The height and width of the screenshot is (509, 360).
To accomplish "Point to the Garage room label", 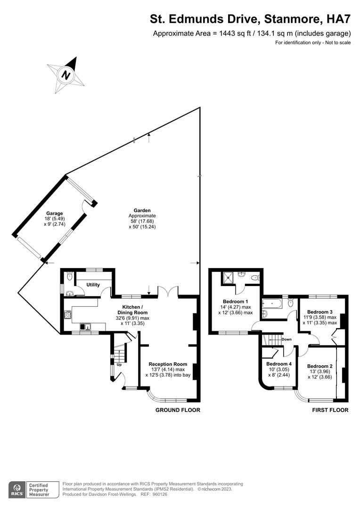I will point(54,213).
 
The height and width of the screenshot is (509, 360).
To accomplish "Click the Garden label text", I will point(142,210).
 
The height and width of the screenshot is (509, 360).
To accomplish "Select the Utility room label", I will point(93,285).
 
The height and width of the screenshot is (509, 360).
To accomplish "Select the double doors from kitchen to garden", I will point(168,292).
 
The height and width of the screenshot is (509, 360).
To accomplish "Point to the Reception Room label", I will point(168,364).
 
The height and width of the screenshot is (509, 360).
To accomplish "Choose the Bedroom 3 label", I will point(319,312).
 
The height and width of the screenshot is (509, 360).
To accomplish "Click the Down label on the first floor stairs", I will point(286,339).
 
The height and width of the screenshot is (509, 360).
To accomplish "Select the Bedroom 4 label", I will point(279,364).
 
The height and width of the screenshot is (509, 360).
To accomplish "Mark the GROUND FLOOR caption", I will point(178,410).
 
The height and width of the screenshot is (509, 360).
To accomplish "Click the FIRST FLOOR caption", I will point(330,410).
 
